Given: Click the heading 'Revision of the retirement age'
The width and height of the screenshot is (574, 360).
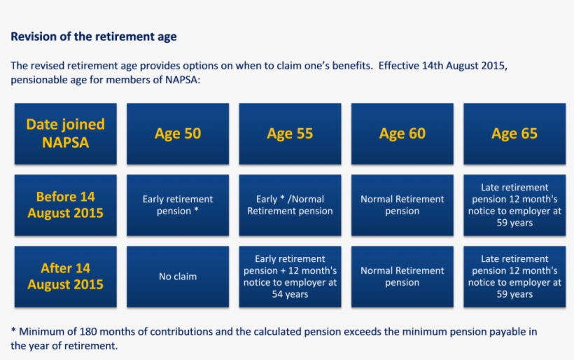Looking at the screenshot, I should (x=94, y=36).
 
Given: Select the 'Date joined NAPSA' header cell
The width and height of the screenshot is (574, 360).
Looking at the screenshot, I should (x=65, y=133).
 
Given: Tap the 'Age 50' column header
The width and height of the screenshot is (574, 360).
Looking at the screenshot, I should (x=178, y=133).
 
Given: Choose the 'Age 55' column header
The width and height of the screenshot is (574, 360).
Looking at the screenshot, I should (x=290, y=133).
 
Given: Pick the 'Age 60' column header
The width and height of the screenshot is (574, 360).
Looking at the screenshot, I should (x=402, y=133).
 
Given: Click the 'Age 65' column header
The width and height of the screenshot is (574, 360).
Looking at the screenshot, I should (x=514, y=133).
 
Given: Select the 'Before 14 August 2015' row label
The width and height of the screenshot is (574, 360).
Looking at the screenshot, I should (x=65, y=205).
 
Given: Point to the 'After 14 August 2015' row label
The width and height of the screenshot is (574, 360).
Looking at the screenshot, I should (x=65, y=276).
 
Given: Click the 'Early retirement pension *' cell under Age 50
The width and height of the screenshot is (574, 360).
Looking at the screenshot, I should (x=178, y=205).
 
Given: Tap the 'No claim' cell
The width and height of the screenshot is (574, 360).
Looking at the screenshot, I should (x=178, y=276).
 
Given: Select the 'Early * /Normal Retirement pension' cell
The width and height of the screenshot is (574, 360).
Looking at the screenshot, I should (x=290, y=205).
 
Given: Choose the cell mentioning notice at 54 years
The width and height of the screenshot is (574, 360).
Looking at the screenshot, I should (x=290, y=276).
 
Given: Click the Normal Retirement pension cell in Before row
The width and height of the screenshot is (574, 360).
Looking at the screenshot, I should (x=402, y=205).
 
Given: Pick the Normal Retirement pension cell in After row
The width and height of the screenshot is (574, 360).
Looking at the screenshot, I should (x=402, y=276).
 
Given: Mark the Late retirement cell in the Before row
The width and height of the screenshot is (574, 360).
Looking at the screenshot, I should (x=514, y=205).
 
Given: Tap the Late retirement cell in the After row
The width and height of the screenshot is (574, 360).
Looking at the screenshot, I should (x=514, y=276).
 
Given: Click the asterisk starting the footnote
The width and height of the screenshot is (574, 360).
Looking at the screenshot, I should (x=13, y=331).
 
